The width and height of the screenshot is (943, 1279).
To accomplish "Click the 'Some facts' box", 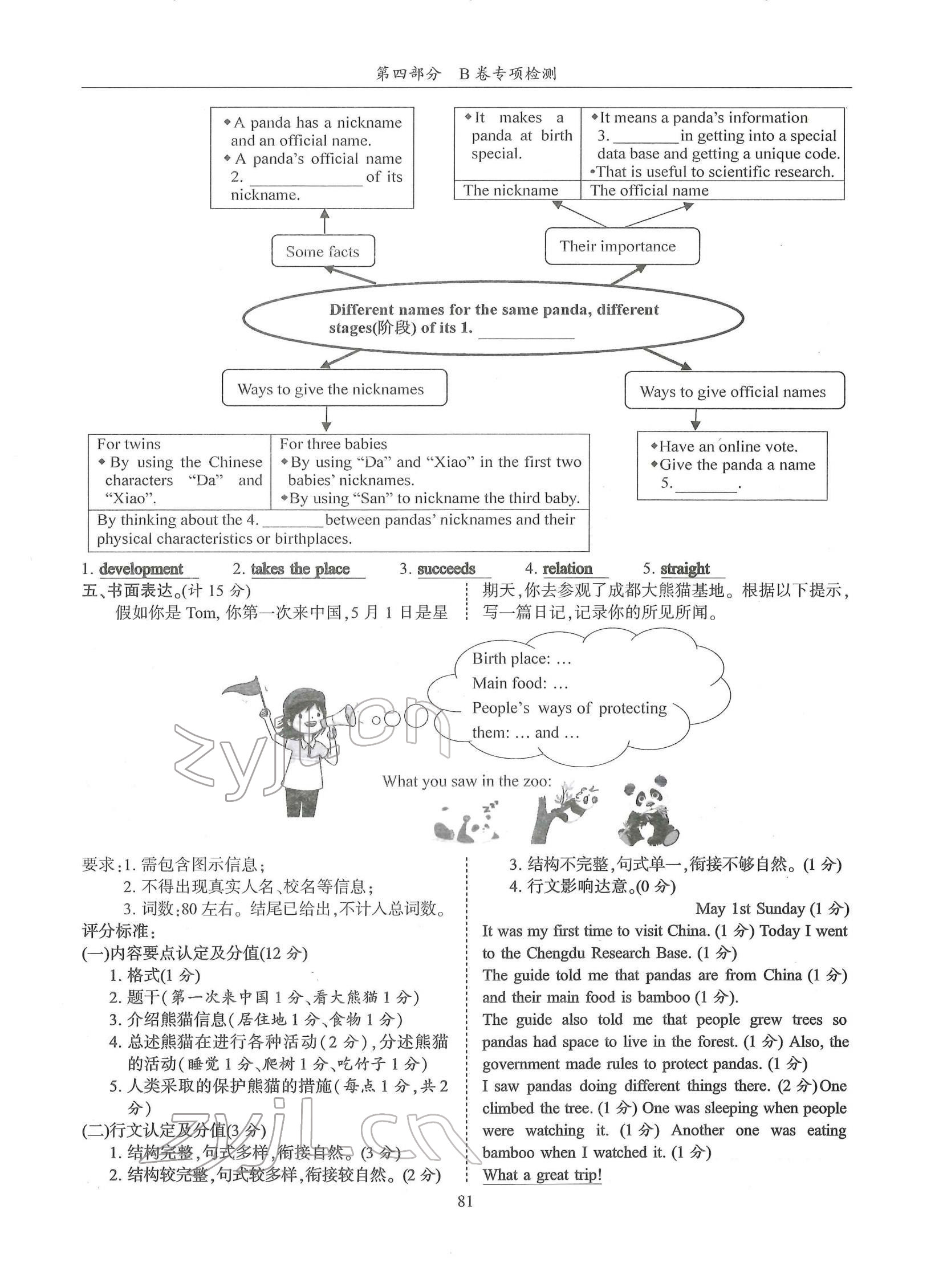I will (x=323, y=251).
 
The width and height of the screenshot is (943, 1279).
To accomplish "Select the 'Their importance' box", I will (x=621, y=246).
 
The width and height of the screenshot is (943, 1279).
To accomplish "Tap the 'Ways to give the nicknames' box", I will (x=334, y=389).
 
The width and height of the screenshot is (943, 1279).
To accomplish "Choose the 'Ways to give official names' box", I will (x=734, y=391).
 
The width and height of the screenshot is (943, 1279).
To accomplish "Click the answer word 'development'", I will (x=141, y=568).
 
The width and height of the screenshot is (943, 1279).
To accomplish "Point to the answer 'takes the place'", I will (x=300, y=568).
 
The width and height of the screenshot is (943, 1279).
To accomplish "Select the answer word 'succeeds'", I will (x=446, y=568).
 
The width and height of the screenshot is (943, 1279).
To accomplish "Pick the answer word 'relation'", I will (x=567, y=568).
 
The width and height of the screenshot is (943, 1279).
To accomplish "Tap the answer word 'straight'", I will (x=685, y=568).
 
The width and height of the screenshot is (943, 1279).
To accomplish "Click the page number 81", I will (x=465, y=1201).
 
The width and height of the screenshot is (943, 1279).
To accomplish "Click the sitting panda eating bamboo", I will (x=648, y=809).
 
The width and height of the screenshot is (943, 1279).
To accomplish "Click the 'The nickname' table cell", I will (x=511, y=190).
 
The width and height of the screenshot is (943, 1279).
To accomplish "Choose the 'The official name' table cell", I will (x=649, y=190).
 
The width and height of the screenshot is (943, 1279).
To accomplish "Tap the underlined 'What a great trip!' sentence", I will (x=542, y=1175).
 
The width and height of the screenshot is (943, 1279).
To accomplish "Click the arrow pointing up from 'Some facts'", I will (x=325, y=221).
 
